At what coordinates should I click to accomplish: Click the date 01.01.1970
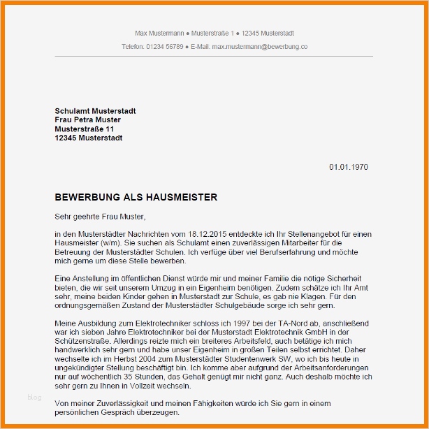(348, 168)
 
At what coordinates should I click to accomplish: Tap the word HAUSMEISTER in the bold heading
(186, 198)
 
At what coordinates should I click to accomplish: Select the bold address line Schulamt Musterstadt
(95, 111)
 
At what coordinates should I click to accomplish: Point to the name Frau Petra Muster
(87, 120)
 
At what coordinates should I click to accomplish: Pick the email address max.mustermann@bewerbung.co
(260, 47)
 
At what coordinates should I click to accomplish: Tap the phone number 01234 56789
(164, 47)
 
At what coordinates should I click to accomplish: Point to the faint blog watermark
(34, 398)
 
